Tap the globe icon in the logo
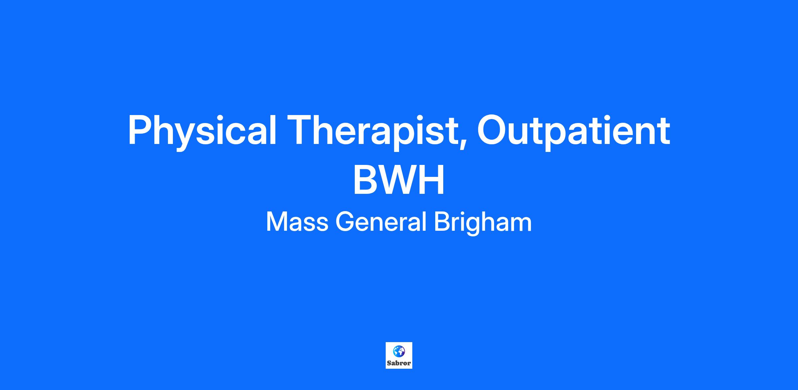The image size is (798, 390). pyautogui.click(x=399, y=351)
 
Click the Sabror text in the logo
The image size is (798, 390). pyautogui.click(x=399, y=363)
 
